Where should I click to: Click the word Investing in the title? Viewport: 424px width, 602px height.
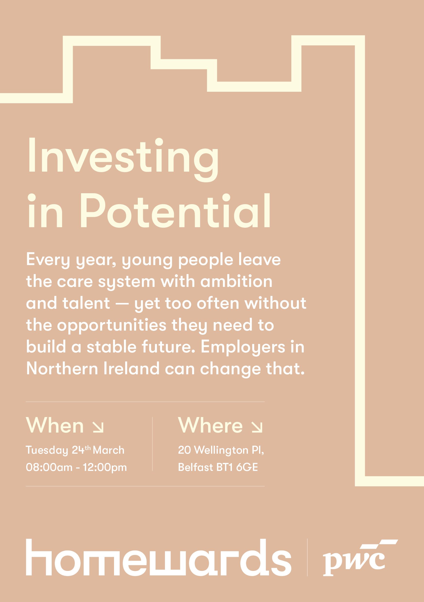coord(123,159)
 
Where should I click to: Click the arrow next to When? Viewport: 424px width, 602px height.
coord(98,427)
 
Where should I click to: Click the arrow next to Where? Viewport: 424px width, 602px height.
coord(257,427)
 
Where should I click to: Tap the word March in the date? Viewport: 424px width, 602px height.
coord(108,450)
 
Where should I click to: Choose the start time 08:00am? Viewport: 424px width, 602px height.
coord(49,468)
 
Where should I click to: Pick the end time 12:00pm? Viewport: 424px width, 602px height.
coord(105,468)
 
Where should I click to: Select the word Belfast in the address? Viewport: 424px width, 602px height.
coord(196,468)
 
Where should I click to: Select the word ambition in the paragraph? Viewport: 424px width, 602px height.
coord(236,281)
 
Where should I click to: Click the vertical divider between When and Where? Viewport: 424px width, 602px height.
coord(153,444)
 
